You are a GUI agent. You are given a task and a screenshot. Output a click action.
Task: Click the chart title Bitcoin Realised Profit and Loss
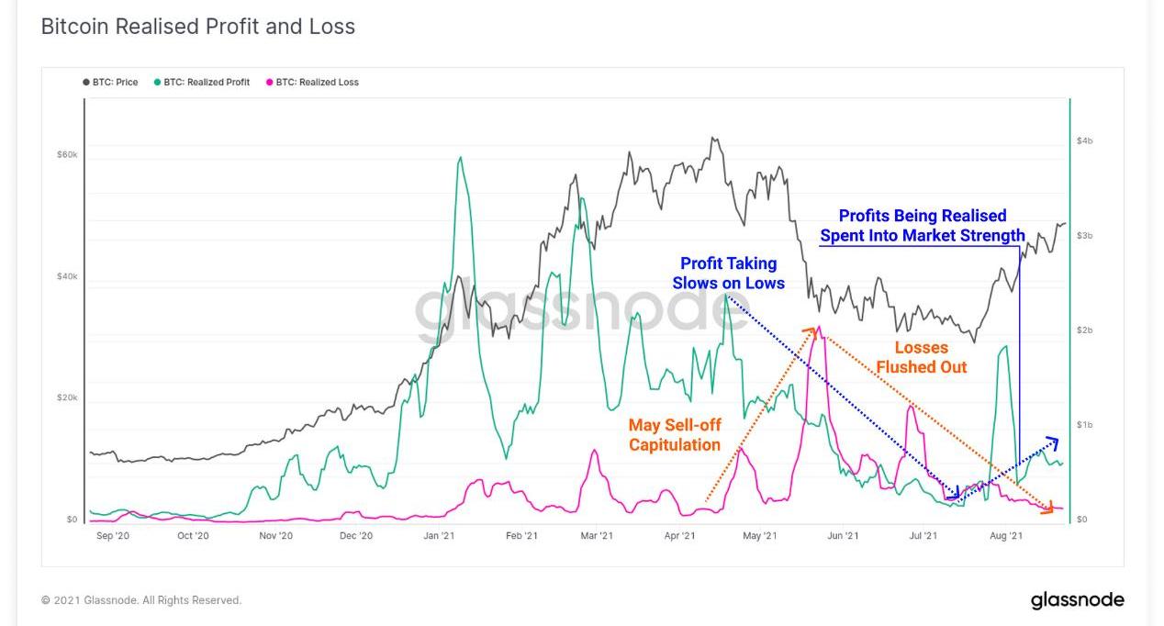pyautogui.click(x=197, y=27)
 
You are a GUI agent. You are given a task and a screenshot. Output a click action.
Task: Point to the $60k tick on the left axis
pyautogui.click(x=67, y=155)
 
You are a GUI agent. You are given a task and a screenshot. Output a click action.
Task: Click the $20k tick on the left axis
pyautogui.click(x=67, y=398)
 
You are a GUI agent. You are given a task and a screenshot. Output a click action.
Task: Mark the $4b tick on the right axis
pyautogui.click(x=1084, y=141)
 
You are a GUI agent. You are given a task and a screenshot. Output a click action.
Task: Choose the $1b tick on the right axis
pyautogui.click(x=1084, y=425)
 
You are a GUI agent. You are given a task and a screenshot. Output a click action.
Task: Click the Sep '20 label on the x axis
pyautogui.click(x=112, y=536)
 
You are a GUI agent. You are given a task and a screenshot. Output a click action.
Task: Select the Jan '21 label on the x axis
pyautogui.click(x=439, y=536)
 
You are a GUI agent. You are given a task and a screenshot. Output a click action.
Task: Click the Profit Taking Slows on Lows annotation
pyautogui.click(x=728, y=274)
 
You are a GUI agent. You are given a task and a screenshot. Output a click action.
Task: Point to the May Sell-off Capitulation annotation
pyautogui.click(x=674, y=435)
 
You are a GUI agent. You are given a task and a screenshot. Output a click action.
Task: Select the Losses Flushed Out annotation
pyautogui.click(x=921, y=357)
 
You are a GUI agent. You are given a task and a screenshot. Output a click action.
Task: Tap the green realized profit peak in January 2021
pyautogui.click(x=459, y=159)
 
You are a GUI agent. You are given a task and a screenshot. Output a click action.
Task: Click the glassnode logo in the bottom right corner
pyautogui.click(x=1077, y=600)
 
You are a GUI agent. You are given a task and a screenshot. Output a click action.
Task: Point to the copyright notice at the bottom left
pyautogui.click(x=141, y=600)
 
